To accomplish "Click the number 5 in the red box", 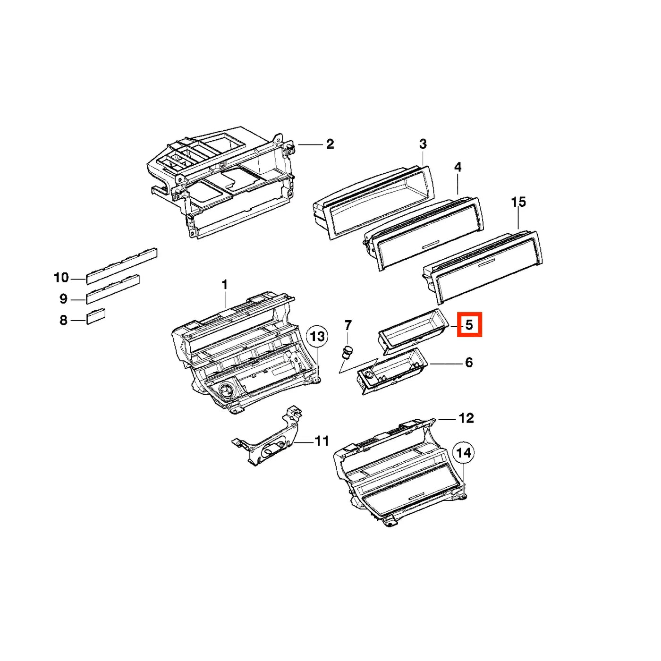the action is point(469,324).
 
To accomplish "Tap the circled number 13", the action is point(317,337).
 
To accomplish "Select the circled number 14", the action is point(464,453).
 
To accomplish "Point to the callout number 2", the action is point(330,144).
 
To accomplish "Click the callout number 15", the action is point(518,202).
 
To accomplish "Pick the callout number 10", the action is point(61,278).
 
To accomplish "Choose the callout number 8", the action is point(63,321).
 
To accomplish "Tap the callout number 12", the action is point(466,418).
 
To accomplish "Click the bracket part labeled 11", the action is point(267,435).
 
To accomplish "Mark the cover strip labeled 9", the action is point(113,289).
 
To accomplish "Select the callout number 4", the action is point(458,168).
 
